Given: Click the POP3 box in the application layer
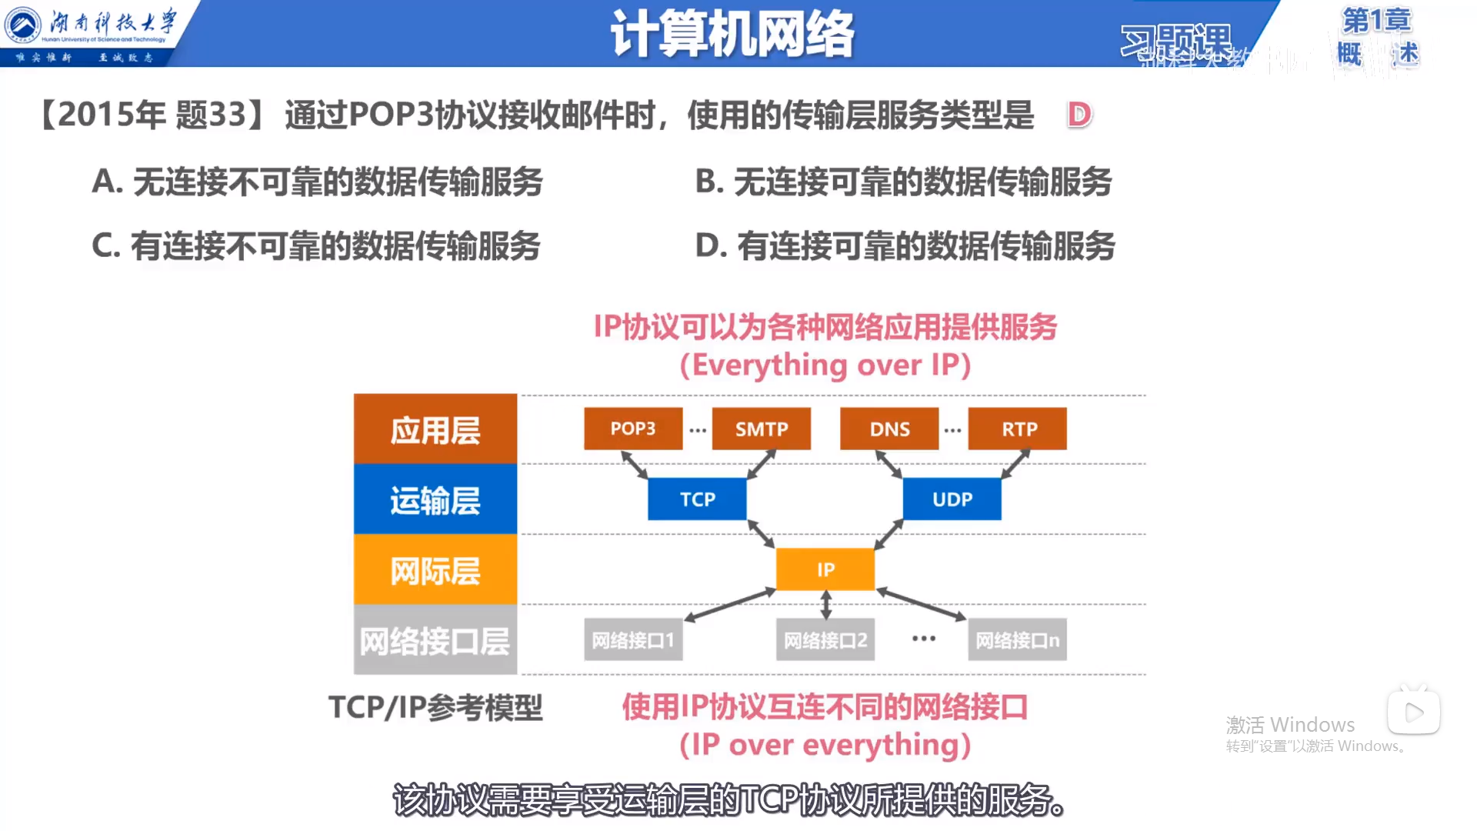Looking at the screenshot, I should pyautogui.click(x=633, y=429).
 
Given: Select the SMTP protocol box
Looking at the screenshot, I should pyautogui.click(x=761, y=429).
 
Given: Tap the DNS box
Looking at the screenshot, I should pyautogui.click(x=889, y=429).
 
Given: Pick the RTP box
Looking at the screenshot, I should pyautogui.click(x=1017, y=429).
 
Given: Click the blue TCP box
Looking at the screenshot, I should pyautogui.click(x=697, y=499).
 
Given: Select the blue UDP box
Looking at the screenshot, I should pyautogui.click(x=952, y=499).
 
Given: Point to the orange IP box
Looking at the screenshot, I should pyautogui.click(x=825, y=569).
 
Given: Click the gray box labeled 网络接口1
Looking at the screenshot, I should pyautogui.click(x=633, y=639).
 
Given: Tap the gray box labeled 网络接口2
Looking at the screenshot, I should pyautogui.click(x=825, y=639).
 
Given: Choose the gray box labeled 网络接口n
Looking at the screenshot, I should pyautogui.click(x=1017, y=639).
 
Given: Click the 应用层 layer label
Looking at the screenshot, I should pyautogui.click(x=435, y=429).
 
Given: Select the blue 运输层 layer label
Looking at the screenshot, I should pyautogui.click(x=435, y=499).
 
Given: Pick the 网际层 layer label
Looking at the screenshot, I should pyautogui.click(x=435, y=570).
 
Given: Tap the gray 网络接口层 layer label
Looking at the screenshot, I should pyautogui.click(x=435, y=640).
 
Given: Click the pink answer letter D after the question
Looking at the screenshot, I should pyautogui.click(x=1079, y=115).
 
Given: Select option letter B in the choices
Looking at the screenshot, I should pyautogui.click(x=708, y=182).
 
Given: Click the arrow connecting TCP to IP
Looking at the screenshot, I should pyautogui.click(x=761, y=534).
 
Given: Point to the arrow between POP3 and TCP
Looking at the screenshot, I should pyautogui.click(x=635, y=465).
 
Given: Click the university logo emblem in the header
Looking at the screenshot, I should pyautogui.click(x=23, y=25).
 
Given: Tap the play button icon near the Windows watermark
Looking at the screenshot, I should pyautogui.click(x=1414, y=712).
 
